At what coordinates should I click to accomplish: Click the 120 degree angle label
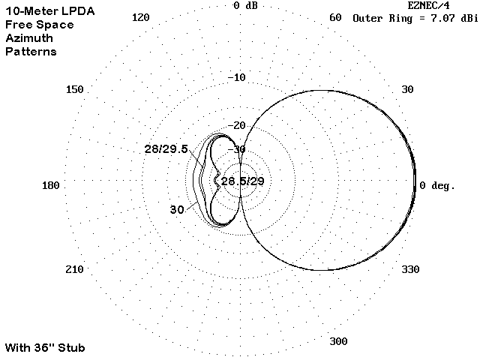140,17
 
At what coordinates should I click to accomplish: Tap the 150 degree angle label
75,89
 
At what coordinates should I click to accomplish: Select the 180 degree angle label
50,185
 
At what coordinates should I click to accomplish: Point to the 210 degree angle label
74,269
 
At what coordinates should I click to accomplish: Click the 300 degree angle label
338,341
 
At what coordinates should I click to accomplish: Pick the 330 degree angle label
410,269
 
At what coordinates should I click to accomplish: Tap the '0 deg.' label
436,185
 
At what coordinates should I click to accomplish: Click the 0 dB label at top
245,5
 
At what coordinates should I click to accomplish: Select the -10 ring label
237,77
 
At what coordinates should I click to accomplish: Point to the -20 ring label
237,125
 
